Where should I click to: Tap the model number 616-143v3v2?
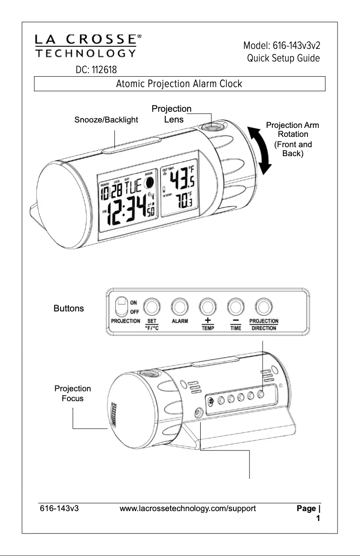pyautogui.click(x=282, y=46)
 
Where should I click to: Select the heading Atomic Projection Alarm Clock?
pyautogui.click(x=179, y=84)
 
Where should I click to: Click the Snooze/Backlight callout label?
pyautogui.click(x=106, y=120)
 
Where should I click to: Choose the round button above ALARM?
pyautogui.click(x=180, y=307)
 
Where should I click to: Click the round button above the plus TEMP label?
pyautogui.click(x=207, y=307)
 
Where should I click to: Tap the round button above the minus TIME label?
pyautogui.click(x=236, y=307)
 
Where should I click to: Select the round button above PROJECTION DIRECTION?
pyautogui.click(x=263, y=307)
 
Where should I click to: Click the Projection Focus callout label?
pyautogui.click(x=72, y=393)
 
